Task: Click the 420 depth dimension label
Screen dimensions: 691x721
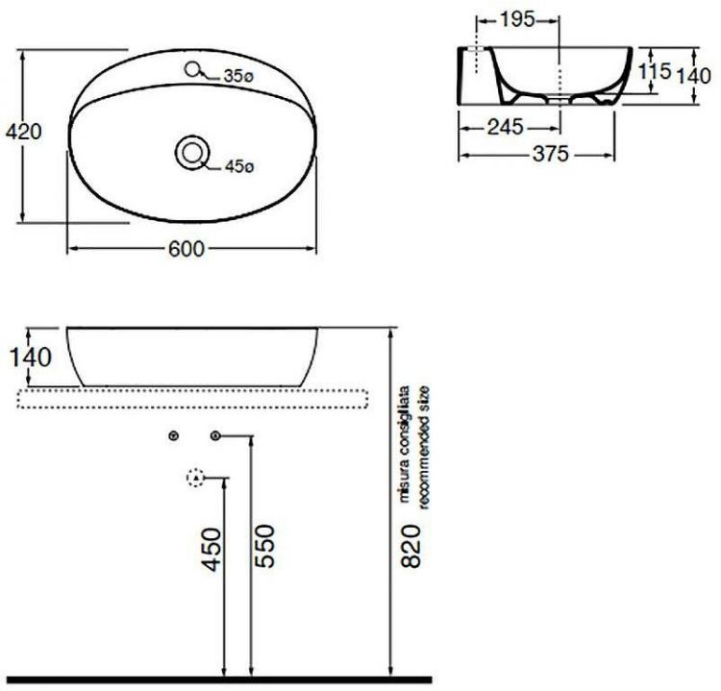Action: (x=24, y=132)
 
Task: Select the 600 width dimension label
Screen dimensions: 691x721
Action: (x=186, y=249)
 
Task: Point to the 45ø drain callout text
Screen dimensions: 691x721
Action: (x=237, y=166)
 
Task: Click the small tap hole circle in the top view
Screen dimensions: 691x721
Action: (x=195, y=69)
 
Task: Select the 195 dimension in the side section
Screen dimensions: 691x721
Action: (x=519, y=19)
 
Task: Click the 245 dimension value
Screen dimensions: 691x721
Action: (x=505, y=126)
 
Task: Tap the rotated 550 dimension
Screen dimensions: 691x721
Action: (x=266, y=547)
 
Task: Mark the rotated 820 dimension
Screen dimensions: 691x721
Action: (x=411, y=547)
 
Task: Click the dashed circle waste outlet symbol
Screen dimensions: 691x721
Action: (x=195, y=478)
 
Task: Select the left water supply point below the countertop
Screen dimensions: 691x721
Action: (x=174, y=437)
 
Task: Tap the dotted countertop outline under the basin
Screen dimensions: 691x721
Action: (x=192, y=396)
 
